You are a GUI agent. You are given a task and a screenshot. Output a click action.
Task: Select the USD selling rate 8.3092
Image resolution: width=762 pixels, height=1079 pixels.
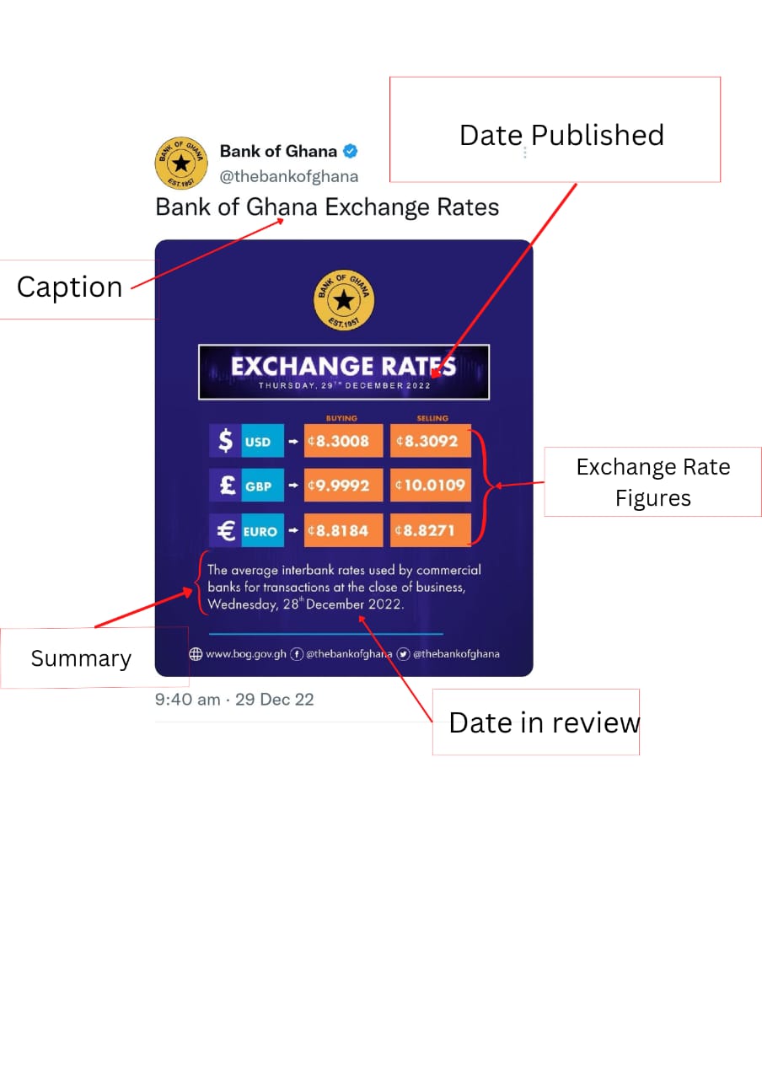coord(431,441)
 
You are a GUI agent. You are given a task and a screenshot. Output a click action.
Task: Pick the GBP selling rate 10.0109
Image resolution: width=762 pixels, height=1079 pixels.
coord(431,486)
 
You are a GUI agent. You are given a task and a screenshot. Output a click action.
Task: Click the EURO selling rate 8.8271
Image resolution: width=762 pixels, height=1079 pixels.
coord(431,531)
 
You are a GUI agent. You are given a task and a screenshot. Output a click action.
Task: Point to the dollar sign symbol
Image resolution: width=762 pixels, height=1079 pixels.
coord(225,441)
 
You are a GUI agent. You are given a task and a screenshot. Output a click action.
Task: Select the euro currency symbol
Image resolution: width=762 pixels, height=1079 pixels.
coord(226,531)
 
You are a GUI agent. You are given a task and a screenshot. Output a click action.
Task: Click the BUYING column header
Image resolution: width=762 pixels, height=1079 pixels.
coord(341,418)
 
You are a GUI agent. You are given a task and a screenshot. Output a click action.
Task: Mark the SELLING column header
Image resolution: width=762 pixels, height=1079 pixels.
coord(432,418)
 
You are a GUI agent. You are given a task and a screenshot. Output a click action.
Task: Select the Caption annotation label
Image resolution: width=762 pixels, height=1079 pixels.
coord(70,287)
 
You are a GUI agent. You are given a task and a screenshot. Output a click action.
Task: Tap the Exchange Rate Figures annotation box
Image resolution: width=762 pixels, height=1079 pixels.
coord(653,482)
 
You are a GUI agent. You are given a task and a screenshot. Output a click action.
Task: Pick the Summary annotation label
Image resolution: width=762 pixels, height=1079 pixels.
coord(81,658)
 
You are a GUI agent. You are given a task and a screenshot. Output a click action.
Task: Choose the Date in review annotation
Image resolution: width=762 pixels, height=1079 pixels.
coord(544,722)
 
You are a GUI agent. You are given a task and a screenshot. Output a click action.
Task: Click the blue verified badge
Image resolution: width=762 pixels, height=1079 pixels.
coord(350,152)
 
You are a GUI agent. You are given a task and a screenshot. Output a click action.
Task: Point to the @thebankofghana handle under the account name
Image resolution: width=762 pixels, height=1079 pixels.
coord(289,176)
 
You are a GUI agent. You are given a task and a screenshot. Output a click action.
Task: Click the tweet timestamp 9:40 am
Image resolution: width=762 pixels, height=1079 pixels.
coord(188,700)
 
